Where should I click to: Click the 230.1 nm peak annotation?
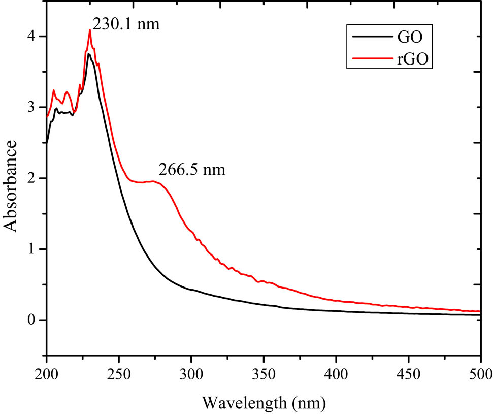[x=126, y=23]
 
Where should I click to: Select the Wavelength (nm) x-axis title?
[x=264, y=402]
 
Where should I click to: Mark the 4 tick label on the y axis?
[x=33, y=37]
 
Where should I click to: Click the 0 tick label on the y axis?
[x=33, y=320]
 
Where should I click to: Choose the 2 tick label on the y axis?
[x=33, y=178]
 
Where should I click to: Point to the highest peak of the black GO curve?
[x=89, y=54]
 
